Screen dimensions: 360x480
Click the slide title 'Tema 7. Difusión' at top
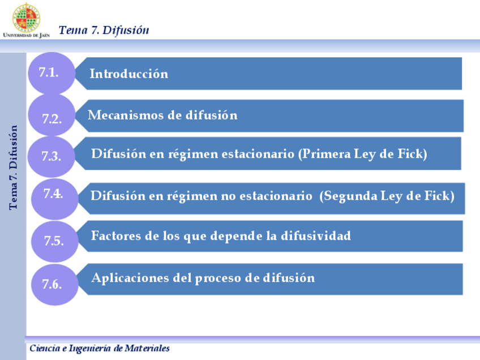coord(104,30)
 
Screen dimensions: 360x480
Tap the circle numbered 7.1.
coord(50,72)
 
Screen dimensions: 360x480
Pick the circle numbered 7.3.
coord(52,156)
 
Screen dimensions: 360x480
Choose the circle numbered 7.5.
coord(54,241)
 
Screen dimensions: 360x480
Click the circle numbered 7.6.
coord(53,284)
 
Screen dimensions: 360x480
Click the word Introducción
coord(129,74)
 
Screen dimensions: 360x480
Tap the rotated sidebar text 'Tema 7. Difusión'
coord(14,167)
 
